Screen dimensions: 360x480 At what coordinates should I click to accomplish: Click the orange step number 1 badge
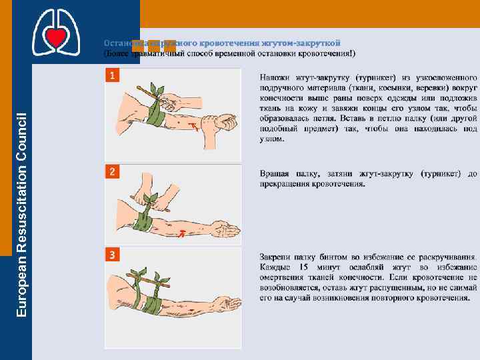pos(113,75)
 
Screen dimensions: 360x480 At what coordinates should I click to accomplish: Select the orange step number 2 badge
pos(113,172)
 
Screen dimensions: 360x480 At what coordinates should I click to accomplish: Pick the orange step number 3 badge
pos(113,255)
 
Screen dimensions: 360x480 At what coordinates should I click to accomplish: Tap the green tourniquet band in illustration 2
pos(142,220)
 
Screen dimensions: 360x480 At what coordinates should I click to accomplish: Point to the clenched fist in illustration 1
pos(223,121)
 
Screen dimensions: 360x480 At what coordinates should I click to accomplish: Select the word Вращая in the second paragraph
pos(275,174)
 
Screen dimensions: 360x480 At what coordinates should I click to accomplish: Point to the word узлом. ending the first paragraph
pos(273,138)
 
